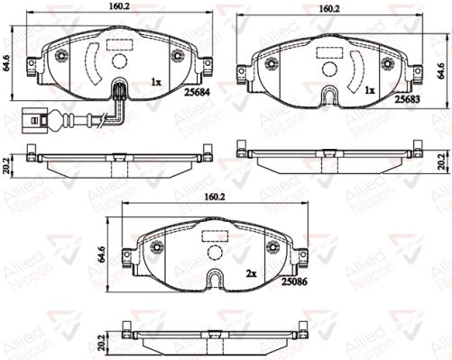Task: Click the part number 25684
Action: click(x=198, y=93)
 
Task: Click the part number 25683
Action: click(x=408, y=99)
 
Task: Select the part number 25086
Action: click(x=294, y=282)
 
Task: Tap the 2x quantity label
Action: click(x=251, y=274)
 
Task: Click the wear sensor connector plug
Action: click(x=33, y=120)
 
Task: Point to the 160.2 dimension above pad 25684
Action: click(x=119, y=6)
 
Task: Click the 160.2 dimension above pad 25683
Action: click(x=329, y=9)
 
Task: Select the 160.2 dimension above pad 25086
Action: click(x=215, y=197)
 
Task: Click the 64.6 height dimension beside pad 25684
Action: click(x=6, y=63)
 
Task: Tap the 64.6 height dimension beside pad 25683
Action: click(x=441, y=70)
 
